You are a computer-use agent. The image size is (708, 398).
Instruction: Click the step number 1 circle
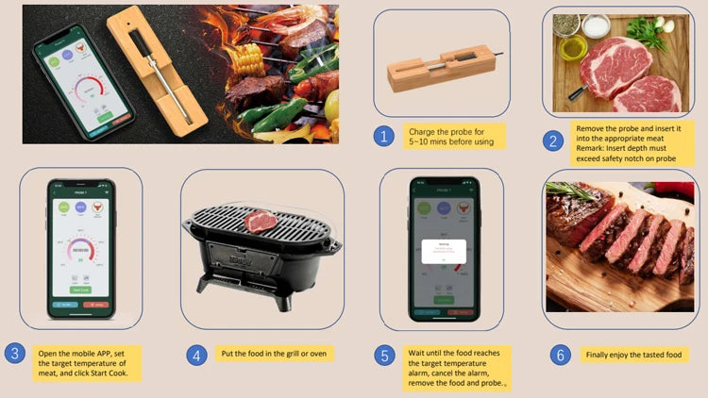[x=382, y=136]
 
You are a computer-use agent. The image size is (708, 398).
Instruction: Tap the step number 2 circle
[x=552, y=141]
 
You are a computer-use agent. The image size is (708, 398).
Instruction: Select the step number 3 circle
[x=13, y=354]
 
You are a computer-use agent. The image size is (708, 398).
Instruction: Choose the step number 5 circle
[x=383, y=355]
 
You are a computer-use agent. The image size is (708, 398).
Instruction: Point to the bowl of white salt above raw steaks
[x=596, y=25]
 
